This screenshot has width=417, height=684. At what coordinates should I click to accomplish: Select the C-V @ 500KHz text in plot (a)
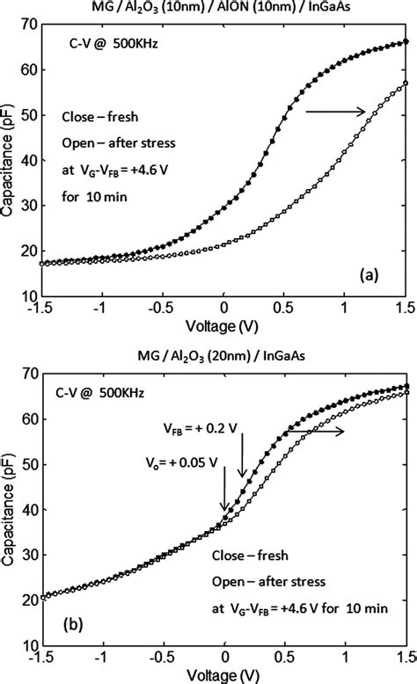92,43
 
